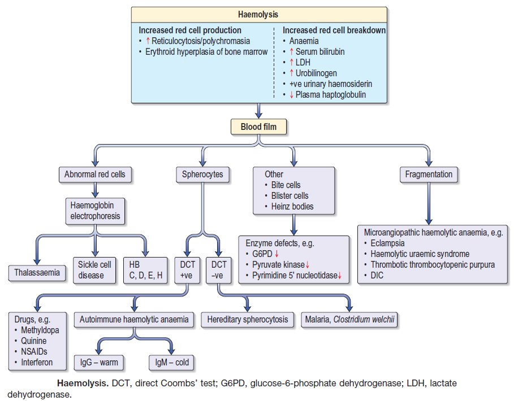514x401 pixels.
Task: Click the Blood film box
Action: [258, 127]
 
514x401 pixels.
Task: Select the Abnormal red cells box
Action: [94, 175]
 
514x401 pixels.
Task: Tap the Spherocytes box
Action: [202, 175]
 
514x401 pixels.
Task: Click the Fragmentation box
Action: [429, 175]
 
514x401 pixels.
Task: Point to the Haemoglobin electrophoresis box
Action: [94, 211]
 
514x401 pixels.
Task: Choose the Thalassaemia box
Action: [37, 273]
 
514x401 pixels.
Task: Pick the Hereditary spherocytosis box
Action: [247, 320]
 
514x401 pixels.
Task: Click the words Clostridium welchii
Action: [366, 320]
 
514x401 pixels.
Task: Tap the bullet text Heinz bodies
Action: [291, 206]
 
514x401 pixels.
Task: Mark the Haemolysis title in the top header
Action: [258, 15]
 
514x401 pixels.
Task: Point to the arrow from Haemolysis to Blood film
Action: [258, 110]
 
